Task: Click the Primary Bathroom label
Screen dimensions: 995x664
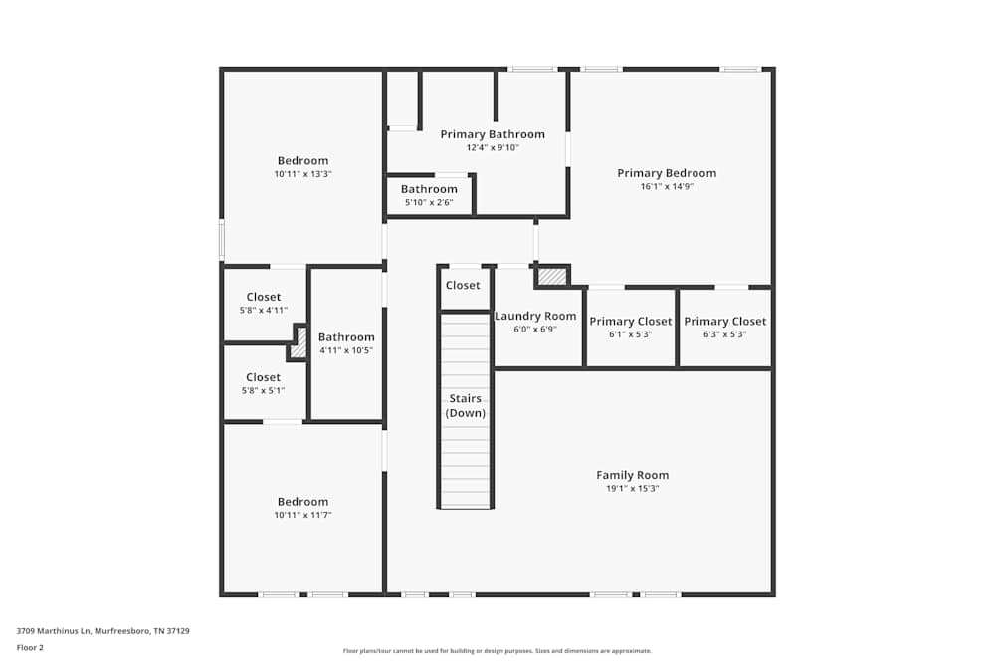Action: click(x=493, y=134)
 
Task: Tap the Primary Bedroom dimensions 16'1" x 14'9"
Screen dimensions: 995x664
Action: click(x=667, y=186)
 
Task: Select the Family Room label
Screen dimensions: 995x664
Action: click(x=632, y=475)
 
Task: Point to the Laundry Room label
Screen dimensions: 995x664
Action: click(x=535, y=316)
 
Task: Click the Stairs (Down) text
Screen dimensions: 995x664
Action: click(x=465, y=405)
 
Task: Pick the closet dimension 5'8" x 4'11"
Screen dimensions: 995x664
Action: click(x=264, y=311)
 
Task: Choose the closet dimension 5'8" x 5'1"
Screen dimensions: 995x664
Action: click(x=263, y=391)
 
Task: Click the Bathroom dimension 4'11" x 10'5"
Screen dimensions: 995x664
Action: click(x=346, y=350)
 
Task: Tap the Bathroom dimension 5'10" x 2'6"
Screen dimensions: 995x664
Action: click(x=429, y=202)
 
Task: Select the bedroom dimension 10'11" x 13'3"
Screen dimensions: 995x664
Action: click(x=302, y=174)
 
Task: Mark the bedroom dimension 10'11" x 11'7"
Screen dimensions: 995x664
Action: click(x=302, y=515)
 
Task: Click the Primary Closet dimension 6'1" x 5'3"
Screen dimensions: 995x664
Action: click(x=630, y=334)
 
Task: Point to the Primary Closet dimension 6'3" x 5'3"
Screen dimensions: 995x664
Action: click(x=724, y=334)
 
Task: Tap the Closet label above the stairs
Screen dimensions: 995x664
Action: click(x=463, y=285)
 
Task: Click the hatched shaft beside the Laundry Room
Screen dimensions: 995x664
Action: click(x=552, y=276)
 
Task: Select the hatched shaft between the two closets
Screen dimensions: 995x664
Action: click(x=298, y=343)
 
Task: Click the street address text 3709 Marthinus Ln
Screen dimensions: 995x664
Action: click(x=54, y=631)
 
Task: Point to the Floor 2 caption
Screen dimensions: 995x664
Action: click(x=30, y=647)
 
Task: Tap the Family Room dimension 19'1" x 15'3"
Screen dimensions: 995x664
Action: click(x=632, y=488)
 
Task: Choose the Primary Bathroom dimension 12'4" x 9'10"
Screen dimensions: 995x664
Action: click(x=493, y=148)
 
